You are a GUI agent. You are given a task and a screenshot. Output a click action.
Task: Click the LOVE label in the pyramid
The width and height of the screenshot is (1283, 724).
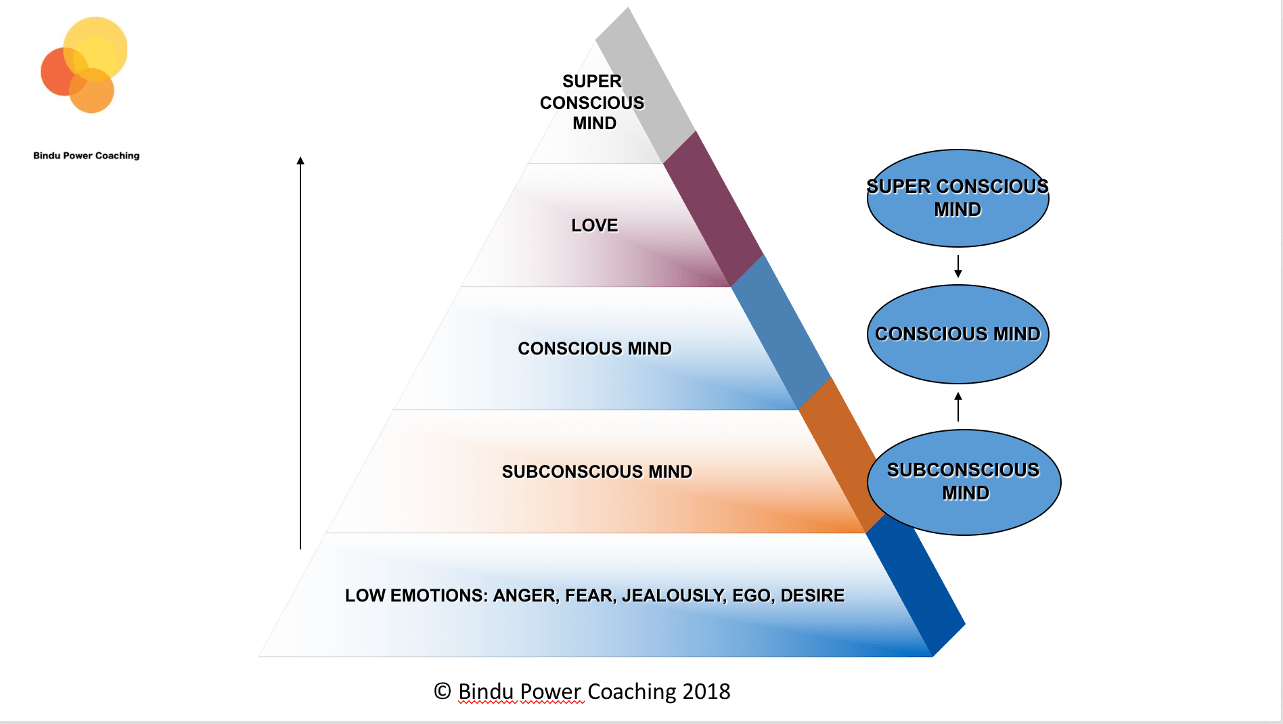tap(594, 225)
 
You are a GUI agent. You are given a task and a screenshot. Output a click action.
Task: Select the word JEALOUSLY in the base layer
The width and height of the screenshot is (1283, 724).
tap(673, 595)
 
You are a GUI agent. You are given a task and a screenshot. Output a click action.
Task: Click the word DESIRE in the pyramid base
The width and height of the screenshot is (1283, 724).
tap(812, 595)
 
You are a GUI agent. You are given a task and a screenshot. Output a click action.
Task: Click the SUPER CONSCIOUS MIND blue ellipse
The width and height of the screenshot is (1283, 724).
tap(958, 198)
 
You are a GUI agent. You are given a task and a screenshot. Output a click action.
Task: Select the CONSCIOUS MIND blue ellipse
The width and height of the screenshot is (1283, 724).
tap(958, 334)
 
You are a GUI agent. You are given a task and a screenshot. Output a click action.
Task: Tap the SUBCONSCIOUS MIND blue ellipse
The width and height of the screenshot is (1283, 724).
tap(964, 482)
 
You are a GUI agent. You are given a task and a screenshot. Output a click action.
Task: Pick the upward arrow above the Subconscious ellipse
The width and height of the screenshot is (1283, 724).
tap(958, 407)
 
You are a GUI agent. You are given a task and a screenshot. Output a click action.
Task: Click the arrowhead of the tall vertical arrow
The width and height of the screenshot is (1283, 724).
tap(300, 161)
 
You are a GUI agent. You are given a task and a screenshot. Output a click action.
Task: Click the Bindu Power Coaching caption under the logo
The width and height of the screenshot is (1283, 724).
tap(87, 156)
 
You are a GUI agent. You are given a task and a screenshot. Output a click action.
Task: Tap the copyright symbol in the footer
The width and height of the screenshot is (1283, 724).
tap(442, 691)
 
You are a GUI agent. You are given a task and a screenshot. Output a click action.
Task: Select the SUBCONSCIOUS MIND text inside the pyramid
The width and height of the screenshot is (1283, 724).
tap(597, 472)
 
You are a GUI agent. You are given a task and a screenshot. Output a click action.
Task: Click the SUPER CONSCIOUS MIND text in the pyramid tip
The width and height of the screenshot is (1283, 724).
tap(593, 102)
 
